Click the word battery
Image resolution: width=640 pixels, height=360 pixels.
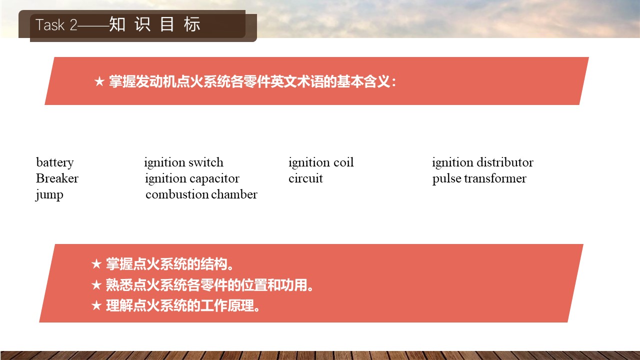click(x=55, y=163)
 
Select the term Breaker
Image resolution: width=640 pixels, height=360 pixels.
click(x=57, y=178)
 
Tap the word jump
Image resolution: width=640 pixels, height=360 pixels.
click(x=49, y=195)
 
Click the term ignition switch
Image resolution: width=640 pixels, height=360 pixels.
click(x=183, y=162)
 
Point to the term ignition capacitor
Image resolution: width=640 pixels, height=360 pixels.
click(x=192, y=179)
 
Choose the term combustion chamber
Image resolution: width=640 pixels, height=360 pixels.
click(x=201, y=194)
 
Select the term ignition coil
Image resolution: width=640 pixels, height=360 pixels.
click(x=321, y=162)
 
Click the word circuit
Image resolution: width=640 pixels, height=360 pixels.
click(x=305, y=178)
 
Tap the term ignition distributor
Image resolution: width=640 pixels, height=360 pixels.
click(x=482, y=162)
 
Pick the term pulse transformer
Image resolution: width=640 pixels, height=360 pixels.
click(x=479, y=179)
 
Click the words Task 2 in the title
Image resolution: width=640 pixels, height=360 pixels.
click(x=56, y=25)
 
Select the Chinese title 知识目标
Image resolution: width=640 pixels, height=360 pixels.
click(x=154, y=24)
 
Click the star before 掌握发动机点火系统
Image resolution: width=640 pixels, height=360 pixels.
click(x=99, y=81)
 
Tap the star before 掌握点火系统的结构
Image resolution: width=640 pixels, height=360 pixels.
click(x=96, y=263)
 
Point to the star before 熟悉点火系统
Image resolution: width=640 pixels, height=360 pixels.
click(x=96, y=285)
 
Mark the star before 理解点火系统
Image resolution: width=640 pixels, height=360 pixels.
click(x=96, y=305)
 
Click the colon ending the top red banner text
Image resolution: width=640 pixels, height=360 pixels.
click(x=394, y=82)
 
